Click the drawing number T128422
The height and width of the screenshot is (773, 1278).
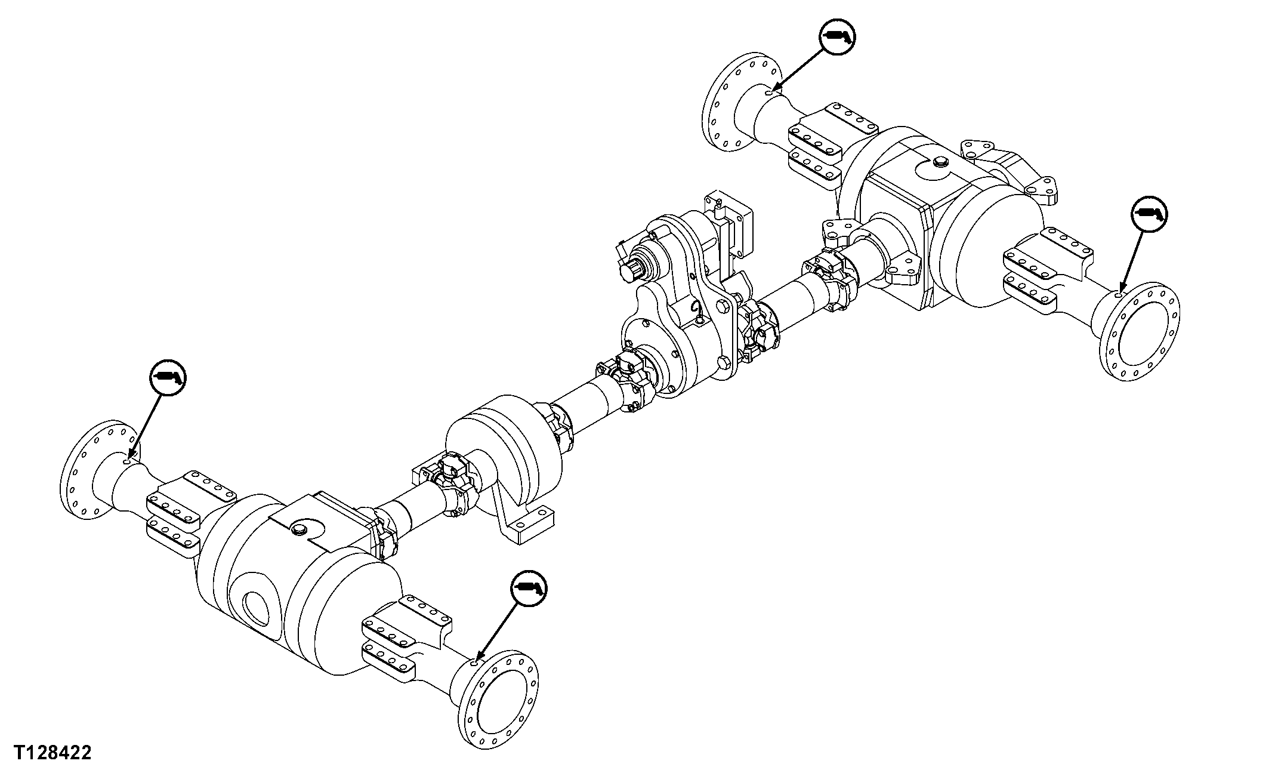[53, 753]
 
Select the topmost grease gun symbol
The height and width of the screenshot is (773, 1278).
[837, 37]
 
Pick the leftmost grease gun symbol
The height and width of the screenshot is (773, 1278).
[168, 377]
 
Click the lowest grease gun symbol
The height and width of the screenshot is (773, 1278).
[529, 589]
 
